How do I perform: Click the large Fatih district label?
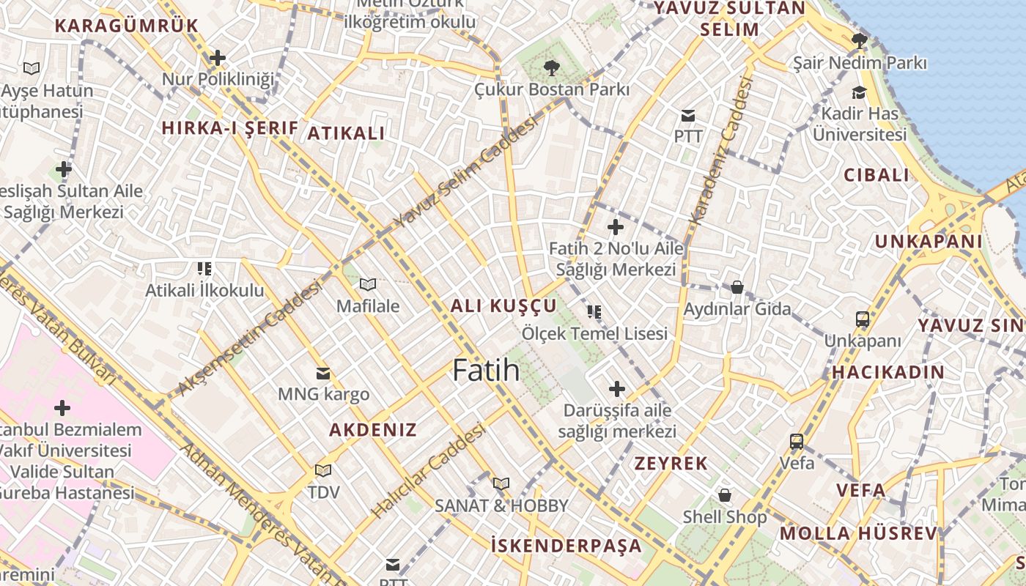coord(486,370)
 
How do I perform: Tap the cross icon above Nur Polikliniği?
coord(217,57)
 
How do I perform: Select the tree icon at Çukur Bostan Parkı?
coord(550,68)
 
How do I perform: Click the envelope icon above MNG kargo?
coord(322,374)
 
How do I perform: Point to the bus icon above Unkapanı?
coord(863,319)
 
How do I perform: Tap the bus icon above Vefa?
coord(797,442)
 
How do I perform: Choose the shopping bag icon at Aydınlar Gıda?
coord(737,287)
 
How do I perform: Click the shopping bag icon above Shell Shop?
coord(725,495)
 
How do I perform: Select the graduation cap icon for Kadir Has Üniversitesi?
coord(859,92)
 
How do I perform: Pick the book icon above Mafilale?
coord(368,284)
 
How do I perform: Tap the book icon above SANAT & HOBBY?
coord(501,483)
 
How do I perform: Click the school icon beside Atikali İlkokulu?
coord(204,269)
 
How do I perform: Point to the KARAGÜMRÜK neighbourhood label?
coord(126,26)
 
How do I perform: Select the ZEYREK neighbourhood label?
coord(671,463)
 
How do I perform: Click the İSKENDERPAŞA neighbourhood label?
coord(566,545)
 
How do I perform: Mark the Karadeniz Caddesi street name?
coord(721,150)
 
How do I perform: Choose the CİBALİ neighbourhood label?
coord(876,175)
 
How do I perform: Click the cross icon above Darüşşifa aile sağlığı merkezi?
coord(617,388)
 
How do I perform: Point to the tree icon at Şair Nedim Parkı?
coord(860,41)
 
